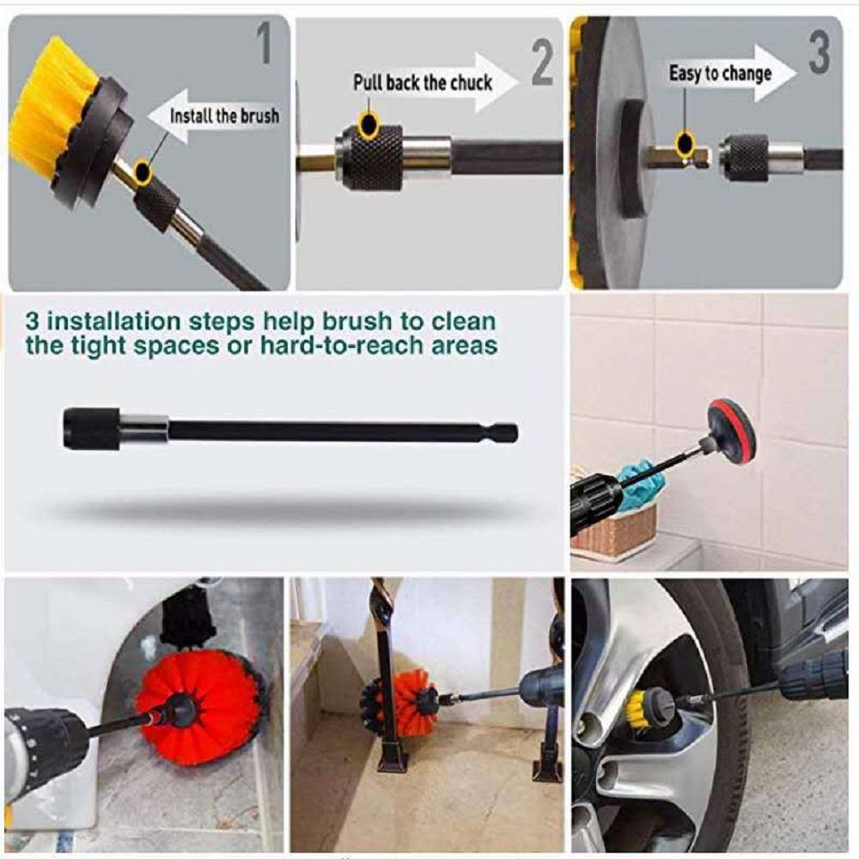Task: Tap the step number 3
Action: point(819,53)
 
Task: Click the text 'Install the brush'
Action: point(224,115)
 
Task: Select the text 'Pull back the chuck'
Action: point(423,82)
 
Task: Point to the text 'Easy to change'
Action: point(720,74)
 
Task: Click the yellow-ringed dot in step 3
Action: point(685,143)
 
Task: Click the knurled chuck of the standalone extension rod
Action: point(92,429)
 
